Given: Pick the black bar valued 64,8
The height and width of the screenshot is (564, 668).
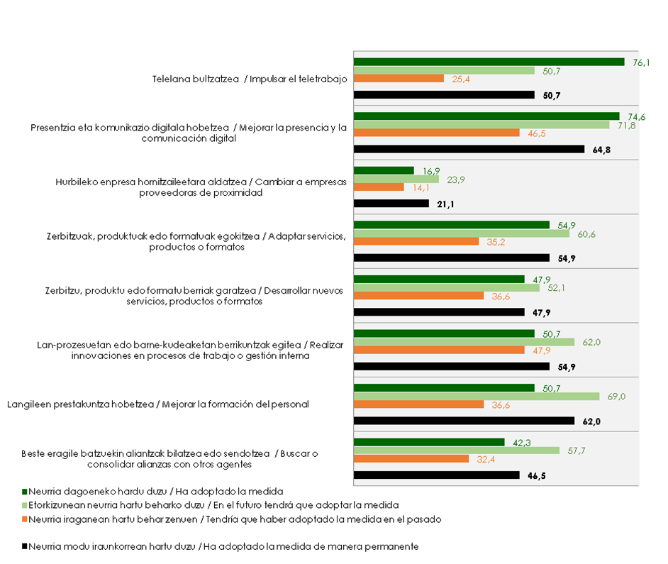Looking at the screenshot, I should pos(469,149).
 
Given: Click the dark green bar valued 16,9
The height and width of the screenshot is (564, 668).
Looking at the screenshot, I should pos(383,170).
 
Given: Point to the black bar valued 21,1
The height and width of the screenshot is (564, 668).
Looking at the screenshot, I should pos(391,204).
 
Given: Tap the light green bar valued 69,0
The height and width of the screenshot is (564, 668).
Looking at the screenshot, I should pos(476,396).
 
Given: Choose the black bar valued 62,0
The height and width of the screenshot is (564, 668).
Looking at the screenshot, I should pos(464,421).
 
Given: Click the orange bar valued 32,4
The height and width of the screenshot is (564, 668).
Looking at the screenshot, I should pos(411,458).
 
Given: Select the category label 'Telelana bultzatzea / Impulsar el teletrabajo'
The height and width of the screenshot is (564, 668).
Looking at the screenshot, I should pos(250,79).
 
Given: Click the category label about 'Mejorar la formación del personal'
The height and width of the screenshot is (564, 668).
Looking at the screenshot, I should pos(158,404).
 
